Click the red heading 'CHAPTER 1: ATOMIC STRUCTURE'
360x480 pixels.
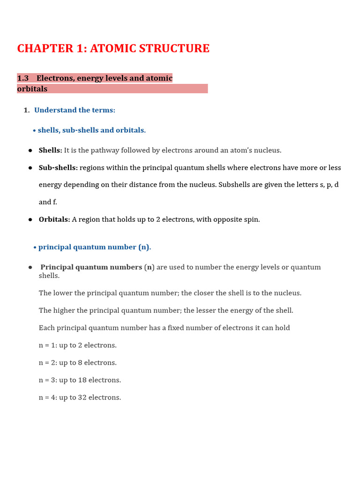113,48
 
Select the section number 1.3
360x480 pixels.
23,78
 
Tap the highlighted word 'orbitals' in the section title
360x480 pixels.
32,89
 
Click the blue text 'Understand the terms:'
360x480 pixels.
75,110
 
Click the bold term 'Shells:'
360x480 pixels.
50,150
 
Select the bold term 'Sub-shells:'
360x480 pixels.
58,168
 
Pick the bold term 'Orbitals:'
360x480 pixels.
54,219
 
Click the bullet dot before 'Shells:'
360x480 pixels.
30,150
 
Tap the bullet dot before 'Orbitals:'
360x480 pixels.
30,219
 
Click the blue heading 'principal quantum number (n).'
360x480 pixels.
94,247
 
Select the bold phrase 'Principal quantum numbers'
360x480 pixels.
91,267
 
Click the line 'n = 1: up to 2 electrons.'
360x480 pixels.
78,345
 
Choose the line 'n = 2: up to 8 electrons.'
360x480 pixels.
78,363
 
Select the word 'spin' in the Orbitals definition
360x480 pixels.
252,219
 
